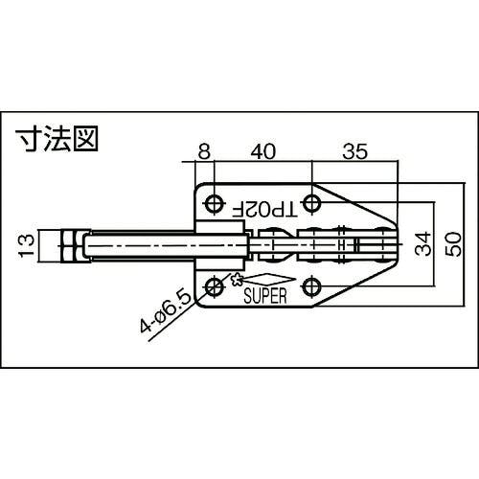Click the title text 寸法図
pos(57,139)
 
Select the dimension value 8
pos(204,151)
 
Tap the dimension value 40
pos(262,151)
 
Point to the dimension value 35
pos(355,151)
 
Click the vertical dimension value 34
pos(422,244)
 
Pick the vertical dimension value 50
pos(454,244)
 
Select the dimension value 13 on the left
pos(26,245)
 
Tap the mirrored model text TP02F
pos(264,210)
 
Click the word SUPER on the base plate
pos(265,296)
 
